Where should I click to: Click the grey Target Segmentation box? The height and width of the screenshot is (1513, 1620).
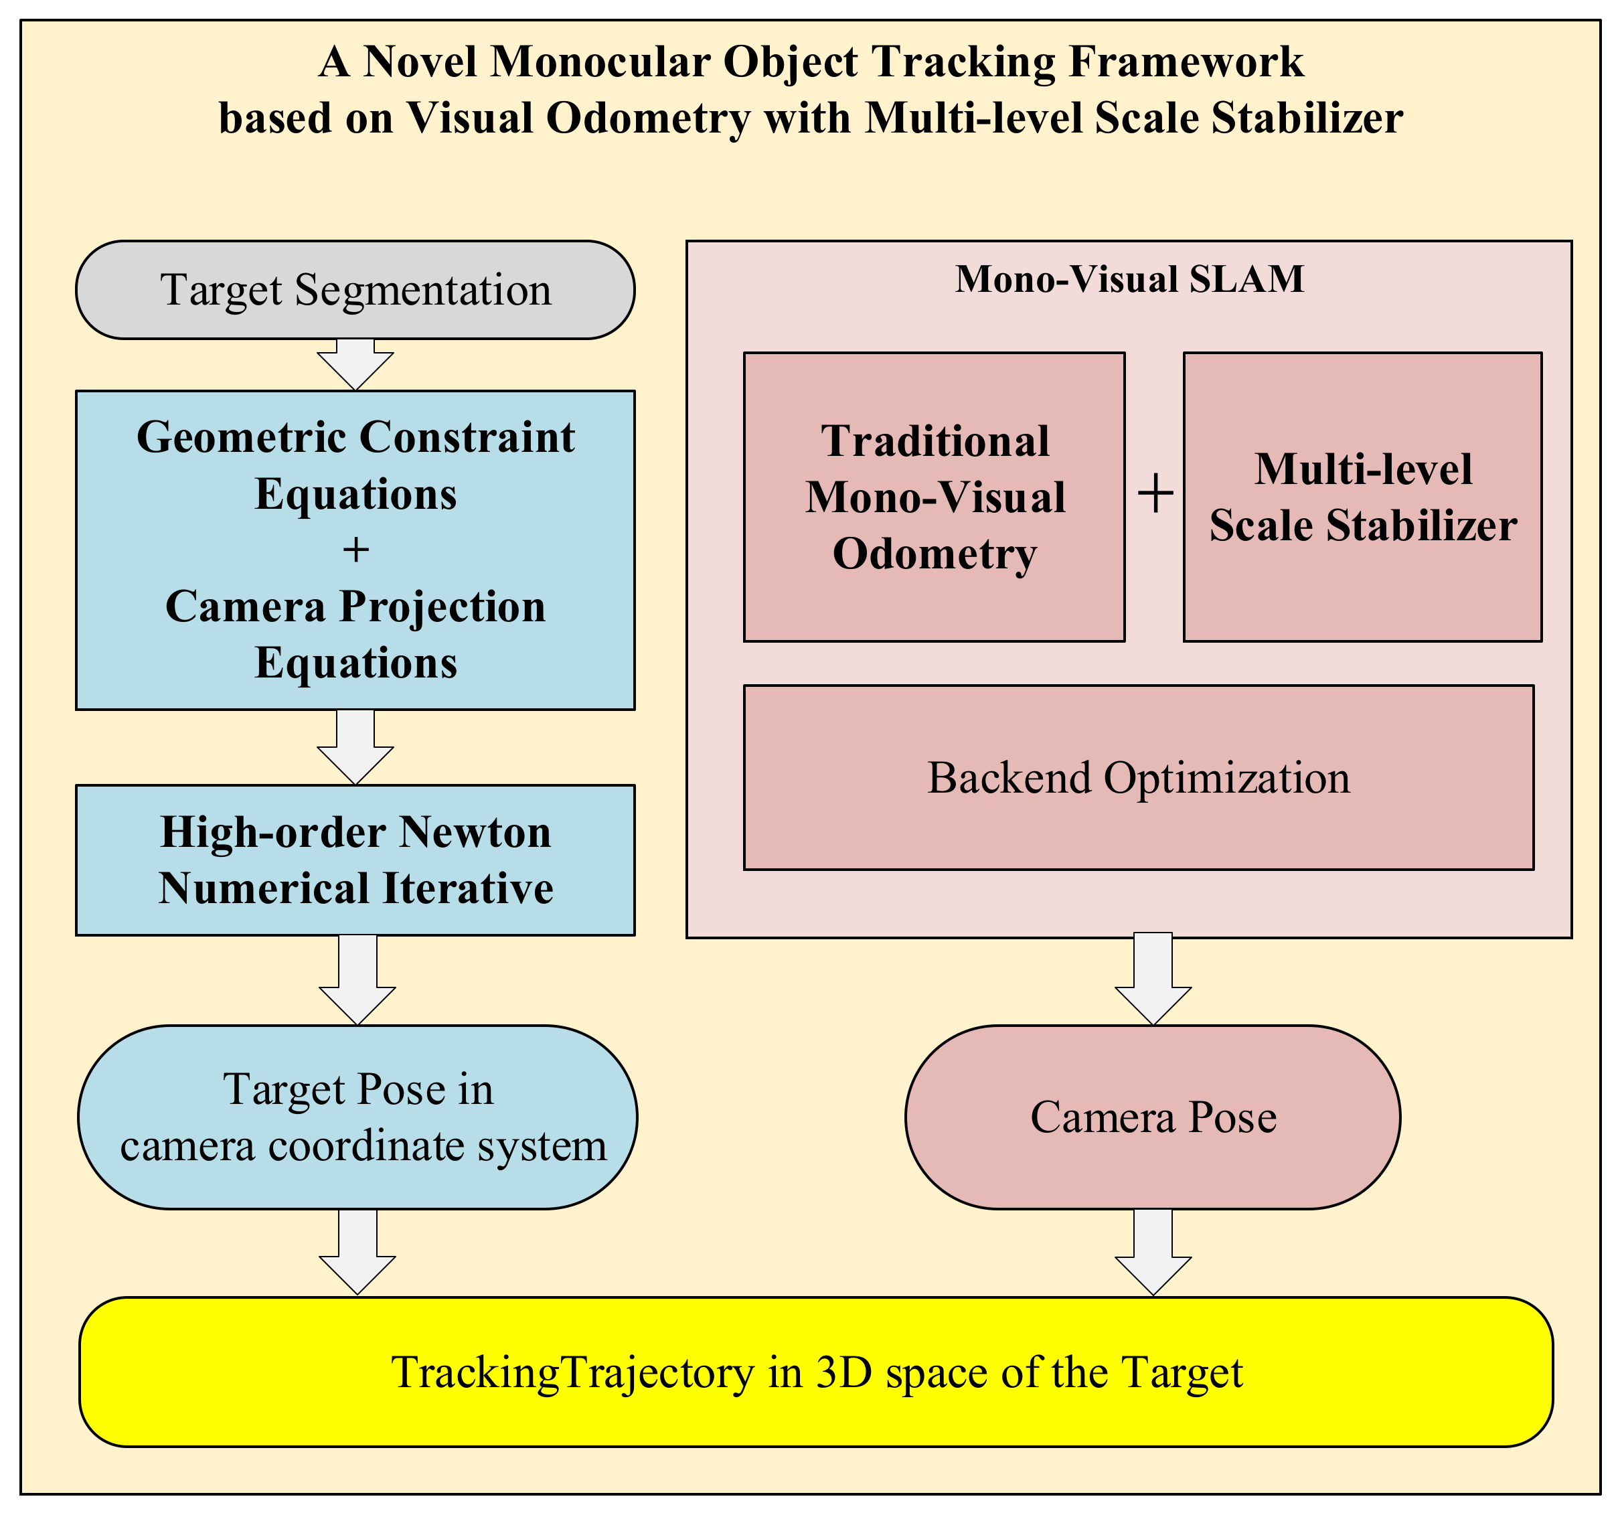(355, 290)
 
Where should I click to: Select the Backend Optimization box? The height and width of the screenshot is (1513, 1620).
(1139, 777)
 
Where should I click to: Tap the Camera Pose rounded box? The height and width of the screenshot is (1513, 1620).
(1152, 1117)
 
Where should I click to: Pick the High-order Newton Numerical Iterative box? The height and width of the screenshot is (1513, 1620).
(355, 860)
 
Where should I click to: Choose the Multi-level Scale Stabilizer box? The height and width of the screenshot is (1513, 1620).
(1362, 497)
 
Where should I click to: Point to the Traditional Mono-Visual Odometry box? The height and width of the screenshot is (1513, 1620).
(935, 497)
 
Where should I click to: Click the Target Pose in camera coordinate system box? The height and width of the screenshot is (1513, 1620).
(357, 1117)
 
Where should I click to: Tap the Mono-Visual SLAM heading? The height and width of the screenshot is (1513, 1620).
(1129, 278)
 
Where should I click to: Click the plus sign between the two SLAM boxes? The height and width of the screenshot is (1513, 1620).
(1155, 494)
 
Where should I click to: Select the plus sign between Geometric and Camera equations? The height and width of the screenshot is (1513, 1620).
(355, 550)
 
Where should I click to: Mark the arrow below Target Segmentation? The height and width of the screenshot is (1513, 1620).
(355, 365)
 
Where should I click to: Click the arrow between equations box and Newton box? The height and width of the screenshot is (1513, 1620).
(355, 747)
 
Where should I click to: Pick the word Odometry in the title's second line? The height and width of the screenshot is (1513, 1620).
(647, 118)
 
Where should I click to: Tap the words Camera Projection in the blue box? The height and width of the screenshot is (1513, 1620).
(355, 607)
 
